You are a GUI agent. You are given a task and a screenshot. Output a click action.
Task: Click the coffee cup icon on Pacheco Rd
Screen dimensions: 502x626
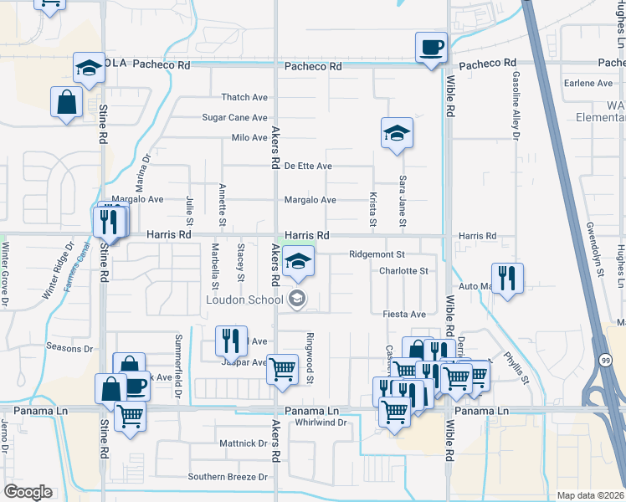(432, 47)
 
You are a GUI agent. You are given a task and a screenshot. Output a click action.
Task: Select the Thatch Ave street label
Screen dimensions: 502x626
(244, 98)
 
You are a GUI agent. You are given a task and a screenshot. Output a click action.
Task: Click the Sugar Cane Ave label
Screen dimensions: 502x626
(234, 118)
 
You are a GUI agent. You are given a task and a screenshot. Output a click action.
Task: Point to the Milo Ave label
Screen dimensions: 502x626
(249, 137)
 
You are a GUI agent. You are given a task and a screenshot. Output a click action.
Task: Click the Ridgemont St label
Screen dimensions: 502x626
(377, 254)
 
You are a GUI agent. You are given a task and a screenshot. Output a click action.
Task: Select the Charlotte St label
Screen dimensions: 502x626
(403, 271)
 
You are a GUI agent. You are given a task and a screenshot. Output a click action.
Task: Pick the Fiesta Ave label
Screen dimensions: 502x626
(404, 314)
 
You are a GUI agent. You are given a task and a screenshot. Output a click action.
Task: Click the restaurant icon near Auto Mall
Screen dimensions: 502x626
(507, 278)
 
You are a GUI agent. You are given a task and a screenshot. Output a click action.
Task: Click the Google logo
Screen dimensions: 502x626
(28, 492)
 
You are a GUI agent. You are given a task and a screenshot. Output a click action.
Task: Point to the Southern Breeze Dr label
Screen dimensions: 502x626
(228, 477)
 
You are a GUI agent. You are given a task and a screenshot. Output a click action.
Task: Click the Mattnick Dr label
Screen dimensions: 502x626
(243, 443)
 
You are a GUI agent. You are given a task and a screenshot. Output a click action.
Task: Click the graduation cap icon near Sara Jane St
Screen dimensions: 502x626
(397, 132)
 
